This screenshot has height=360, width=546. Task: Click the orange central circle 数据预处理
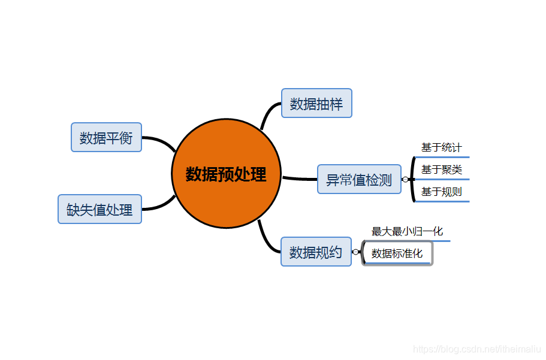pyautogui.click(x=226, y=174)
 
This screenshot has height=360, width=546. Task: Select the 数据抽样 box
pyautogui.click(x=316, y=104)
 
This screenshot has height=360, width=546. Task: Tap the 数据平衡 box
pyautogui.click(x=106, y=138)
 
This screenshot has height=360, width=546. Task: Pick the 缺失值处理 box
pyautogui.click(x=99, y=209)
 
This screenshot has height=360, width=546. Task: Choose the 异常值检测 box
pyautogui.click(x=359, y=179)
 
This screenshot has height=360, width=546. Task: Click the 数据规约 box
pyautogui.click(x=316, y=252)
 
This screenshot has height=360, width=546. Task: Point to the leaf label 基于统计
pyautogui.click(x=442, y=147)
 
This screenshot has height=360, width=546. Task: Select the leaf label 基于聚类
pyautogui.click(x=442, y=170)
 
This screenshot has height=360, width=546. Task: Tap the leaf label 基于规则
pyautogui.click(x=442, y=192)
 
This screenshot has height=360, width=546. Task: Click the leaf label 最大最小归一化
pyautogui.click(x=408, y=231)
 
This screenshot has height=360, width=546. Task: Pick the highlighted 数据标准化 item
pyautogui.click(x=397, y=253)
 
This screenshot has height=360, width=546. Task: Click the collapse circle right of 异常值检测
pyautogui.click(x=406, y=179)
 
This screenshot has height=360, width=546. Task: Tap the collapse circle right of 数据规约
pyautogui.click(x=355, y=252)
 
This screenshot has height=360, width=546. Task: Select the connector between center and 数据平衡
pyautogui.click(x=161, y=141)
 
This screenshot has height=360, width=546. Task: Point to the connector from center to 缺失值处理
pyautogui.click(x=161, y=205)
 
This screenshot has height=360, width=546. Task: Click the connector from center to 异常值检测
pyautogui.click(x=299, y=179)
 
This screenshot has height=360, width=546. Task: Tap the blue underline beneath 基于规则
pyautogui.click(x=442, y=201)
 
